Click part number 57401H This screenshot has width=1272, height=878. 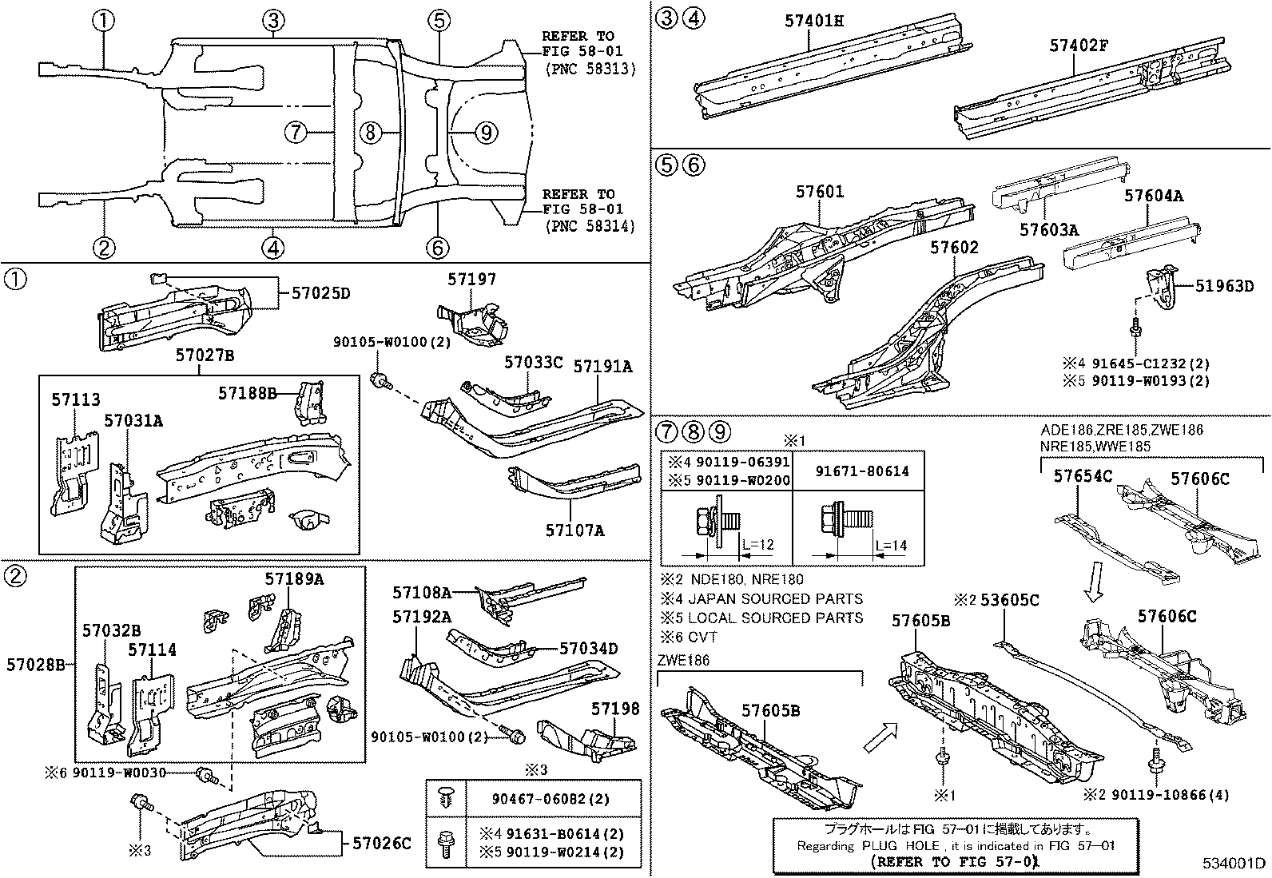click(813, 21)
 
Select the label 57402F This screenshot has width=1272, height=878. click(1079, 46)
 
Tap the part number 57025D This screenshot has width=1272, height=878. click(317, 293)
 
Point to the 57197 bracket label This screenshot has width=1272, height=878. click(471, 279)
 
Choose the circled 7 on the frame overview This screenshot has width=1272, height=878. click(296, 132)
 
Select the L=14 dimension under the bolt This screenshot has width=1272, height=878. click(891, 546)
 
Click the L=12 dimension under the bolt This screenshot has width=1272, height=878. click(758, 546)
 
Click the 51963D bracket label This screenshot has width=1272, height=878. click(1224, 285)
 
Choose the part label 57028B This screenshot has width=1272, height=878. click(35, 664)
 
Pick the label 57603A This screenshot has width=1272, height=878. click(1049, 230)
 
